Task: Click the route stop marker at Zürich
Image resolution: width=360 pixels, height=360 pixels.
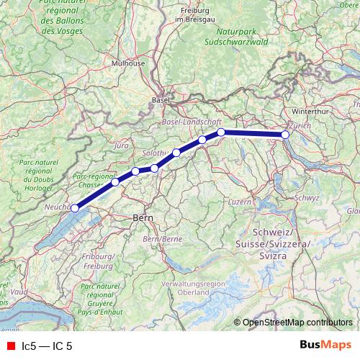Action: click(x=285, y=135)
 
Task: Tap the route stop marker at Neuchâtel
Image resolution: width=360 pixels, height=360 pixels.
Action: click(x=74, y=208)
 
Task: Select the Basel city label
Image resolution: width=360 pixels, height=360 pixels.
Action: click(x=161, y=100)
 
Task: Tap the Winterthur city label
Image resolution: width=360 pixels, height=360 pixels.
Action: click(x=310, y=111)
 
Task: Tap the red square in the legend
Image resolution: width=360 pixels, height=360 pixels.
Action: click(x=11, y=346)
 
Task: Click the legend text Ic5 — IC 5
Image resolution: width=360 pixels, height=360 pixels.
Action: click(x=48, y=346)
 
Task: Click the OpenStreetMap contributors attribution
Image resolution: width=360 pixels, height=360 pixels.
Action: click(x=297, y=323)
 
